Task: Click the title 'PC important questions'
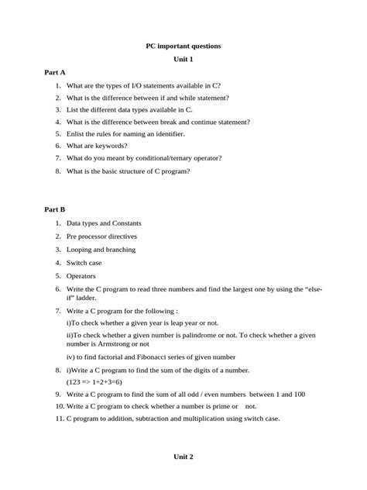click(183, 47)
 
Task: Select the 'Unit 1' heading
click(183, 60)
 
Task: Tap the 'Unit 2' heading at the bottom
click(183, 457)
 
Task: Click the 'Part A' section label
click(55, 72)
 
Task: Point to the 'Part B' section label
click(55, 209)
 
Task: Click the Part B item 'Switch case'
click(84, 263)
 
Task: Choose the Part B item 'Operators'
click(81, 275)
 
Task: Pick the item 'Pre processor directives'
click(101, 236)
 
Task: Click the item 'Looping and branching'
click(101, 250)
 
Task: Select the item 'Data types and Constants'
click(104, 223)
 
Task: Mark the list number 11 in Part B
click(58, 419)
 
